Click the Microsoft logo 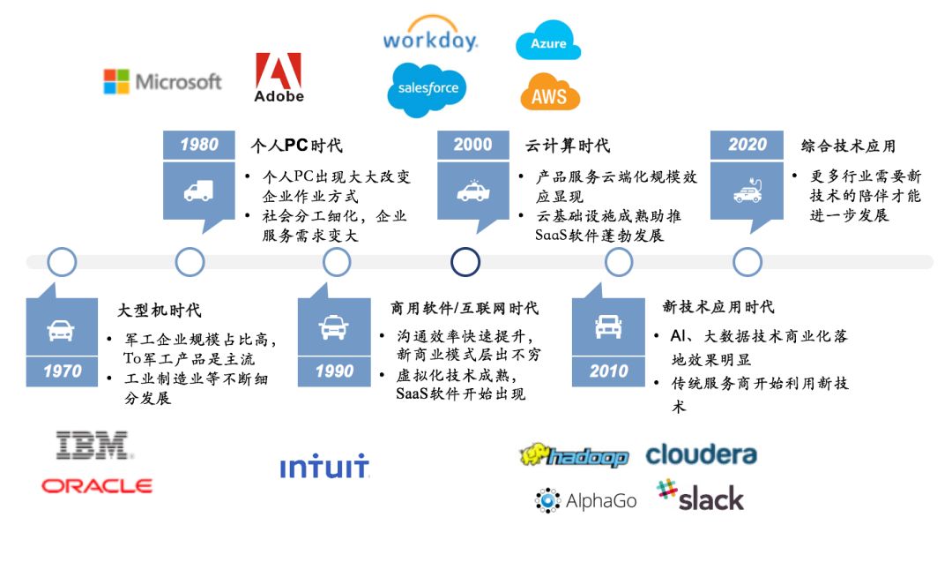(x=163, y=81)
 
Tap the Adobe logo (x=279, y=77)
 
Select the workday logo (x=430, y=34)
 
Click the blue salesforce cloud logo (x=428, y=89)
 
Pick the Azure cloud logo (x=548, y=41)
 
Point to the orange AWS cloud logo (x=550, y=92)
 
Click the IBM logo (x=93, y=446)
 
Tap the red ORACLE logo (x=97, y=486)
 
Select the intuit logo (x=324, y=466)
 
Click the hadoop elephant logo (x=574, y=455)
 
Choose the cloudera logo (x=702, y=454)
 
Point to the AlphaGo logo (x=586, y=500)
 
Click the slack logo (x=700, y=496)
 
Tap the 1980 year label (x=199, y=145)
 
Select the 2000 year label (x=473, y=145)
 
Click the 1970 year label (x=62, y=371)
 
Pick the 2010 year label (x=608, y=371)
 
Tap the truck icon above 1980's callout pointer (x=198, y=191)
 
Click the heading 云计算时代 (x=568, y=146)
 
